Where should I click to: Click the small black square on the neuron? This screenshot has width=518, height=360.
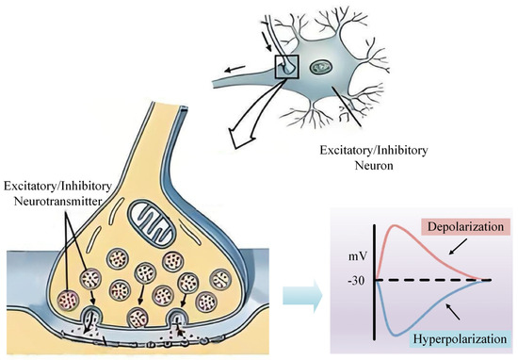(x=285, y=68)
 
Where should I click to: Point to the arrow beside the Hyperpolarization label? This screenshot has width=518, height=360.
(x=453, y=310)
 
